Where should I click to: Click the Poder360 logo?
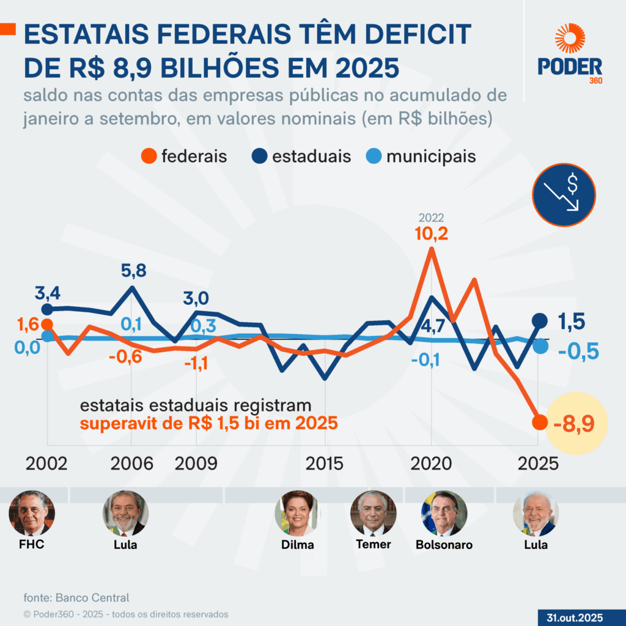pos(570,54)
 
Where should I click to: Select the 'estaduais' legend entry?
pos(303,156)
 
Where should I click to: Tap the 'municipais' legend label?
pos(430,156)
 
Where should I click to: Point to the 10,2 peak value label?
pos(432,234)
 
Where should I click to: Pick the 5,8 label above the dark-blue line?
pos(133,271)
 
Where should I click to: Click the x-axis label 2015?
pos(325,463)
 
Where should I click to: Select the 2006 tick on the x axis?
pos(132,463)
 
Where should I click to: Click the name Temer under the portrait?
pos(373,544)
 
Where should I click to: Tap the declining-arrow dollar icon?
pos(564,195)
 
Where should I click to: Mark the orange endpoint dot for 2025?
pos(539,422)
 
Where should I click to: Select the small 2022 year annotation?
pos(431,218)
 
